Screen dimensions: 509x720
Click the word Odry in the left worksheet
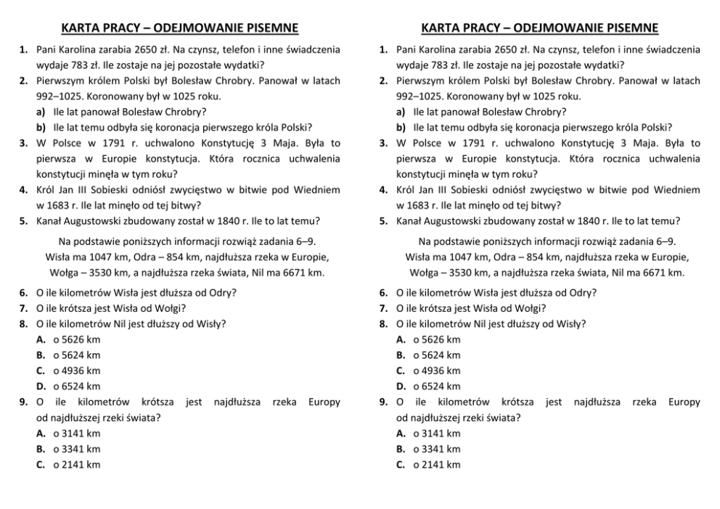tap(221, 293)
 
